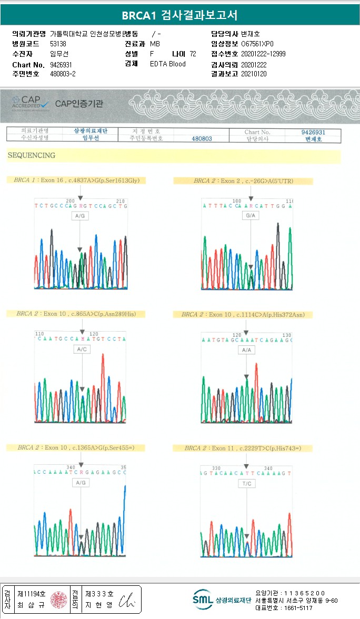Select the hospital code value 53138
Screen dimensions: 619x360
(58, 44)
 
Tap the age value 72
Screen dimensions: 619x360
(193, 54)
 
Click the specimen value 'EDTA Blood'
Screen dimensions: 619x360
(168, 64)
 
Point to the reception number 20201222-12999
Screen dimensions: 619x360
(263, 54)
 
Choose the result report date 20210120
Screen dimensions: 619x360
(254, 74)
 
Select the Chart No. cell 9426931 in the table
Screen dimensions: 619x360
(313, 132)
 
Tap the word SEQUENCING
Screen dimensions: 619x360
(31, 155)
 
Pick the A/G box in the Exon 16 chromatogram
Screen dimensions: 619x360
(80, 216)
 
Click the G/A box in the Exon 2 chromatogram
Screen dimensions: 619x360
(251, 216)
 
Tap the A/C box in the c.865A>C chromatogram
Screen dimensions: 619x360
(82, 349)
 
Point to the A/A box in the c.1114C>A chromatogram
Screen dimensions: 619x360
(246, 350)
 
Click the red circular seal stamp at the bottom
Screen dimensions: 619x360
(58, 600)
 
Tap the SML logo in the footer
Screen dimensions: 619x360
(203, 600)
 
